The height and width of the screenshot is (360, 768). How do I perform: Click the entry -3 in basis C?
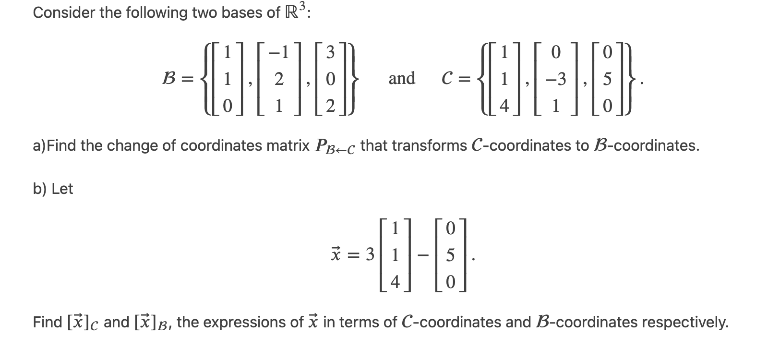tap(556, 79)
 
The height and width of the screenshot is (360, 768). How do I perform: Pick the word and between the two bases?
tap(402, 78)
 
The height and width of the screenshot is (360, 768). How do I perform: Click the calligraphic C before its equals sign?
tap(447, 79)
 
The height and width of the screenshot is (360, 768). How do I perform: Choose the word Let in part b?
tap(62, 189)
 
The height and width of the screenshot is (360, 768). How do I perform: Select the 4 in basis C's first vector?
tap(504, 106)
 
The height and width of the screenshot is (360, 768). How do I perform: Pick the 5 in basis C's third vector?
tap(607, 79)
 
